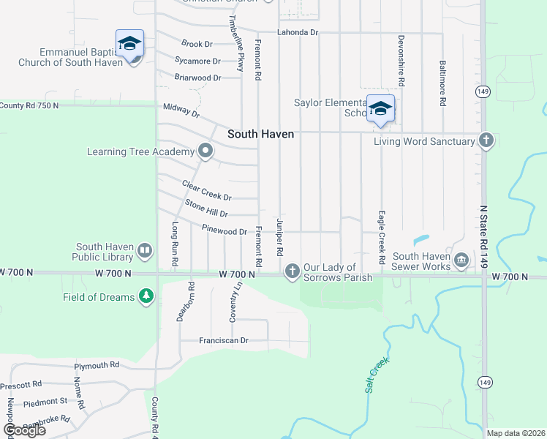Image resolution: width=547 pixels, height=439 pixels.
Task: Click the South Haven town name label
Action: click(x=260, y=134)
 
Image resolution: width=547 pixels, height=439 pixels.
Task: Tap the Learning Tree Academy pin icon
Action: click(x=205, y=151)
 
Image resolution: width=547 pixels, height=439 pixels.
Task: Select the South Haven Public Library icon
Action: click(x=145, y=252)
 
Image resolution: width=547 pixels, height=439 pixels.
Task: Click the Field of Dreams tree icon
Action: click(x=147, y=296)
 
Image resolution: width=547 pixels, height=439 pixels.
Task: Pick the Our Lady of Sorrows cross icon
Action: click(x=292, y=272)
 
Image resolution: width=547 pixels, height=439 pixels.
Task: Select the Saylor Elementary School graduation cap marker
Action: click(x=380, y=108)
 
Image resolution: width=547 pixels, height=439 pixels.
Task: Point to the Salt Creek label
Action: click(x=377, y=375)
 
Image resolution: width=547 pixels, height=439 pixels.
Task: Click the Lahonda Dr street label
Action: click(x=298, y=33)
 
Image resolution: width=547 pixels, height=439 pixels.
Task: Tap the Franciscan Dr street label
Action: click(x=224, y=341)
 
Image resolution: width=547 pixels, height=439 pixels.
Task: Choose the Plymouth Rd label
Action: click(x=96, y=365)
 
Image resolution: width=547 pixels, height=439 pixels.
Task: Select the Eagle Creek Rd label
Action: click(x=381, y=238)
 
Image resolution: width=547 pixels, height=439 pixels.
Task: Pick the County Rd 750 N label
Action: click(x=29, y=105)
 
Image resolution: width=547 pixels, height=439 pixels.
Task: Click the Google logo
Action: click(x=24, y=430)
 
